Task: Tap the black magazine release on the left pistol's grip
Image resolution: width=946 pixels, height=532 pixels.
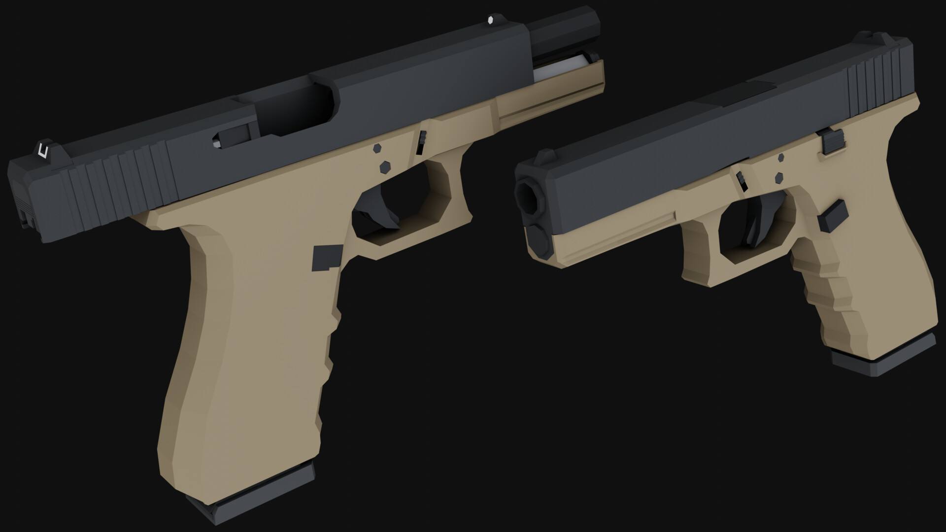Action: pyautogui.click(x=327, y=257)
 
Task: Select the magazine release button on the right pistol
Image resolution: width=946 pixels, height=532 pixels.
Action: pyautogui.click(x=834, y=216)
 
